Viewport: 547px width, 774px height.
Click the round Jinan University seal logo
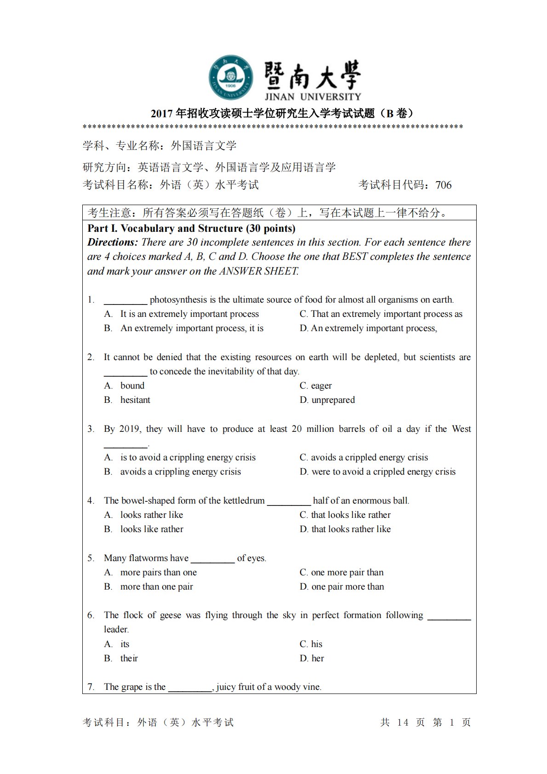coord(230,78)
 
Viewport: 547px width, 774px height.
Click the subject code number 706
coord(443,185)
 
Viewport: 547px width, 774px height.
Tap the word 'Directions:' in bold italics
coord(112,242)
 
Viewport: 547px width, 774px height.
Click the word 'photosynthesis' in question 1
coord(178,300)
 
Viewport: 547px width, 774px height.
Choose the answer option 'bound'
coord(132,385)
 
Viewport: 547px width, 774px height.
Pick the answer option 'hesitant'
coord(135,400)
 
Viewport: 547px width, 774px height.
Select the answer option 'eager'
coord(321,385)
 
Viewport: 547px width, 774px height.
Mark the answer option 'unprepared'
coord(333,400)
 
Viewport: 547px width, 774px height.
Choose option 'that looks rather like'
coord(351,529)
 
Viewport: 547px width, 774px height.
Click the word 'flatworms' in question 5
coord(150,558)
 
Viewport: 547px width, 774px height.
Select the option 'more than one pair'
coord(156,586)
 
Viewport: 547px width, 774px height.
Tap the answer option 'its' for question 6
coord(125,644)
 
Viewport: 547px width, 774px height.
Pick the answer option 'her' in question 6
coord(318,658)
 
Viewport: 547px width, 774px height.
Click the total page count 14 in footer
coord(403,722)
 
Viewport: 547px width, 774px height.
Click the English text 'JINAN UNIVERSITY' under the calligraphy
coord(313,97)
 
